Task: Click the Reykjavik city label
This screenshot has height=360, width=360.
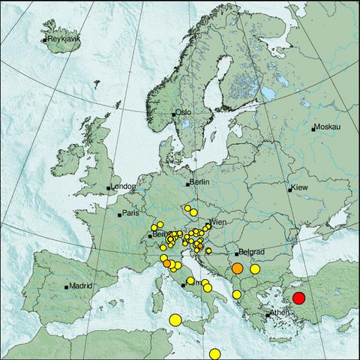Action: [x=63, y=38]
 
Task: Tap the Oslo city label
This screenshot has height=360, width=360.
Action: [x=184, y=112]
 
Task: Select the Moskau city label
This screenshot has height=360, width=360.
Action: [x=328, y=127]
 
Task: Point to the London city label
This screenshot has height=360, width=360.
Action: [x=123, y=187]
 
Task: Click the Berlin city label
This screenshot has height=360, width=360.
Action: [x=199, y=182]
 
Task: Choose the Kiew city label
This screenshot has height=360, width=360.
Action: [x=299, y=187]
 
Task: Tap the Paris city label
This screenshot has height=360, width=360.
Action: [x=131, y=213]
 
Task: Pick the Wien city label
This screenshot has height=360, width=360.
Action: [x=218, y=223]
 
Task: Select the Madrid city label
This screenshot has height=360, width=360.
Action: [x=80, y=285]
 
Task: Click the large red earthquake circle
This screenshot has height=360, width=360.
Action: [x=299, y=298]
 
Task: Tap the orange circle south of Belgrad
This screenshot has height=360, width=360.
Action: [x=237, y=268]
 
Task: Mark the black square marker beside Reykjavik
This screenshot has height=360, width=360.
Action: [x=45, y=39]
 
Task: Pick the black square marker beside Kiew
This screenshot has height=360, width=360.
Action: [x=290, y=188]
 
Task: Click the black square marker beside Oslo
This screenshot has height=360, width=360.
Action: [x=174, y=114]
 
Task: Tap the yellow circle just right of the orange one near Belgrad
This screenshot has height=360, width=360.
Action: [x=255, y=268]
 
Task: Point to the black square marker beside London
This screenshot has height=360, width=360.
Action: [x=109, y=187]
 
